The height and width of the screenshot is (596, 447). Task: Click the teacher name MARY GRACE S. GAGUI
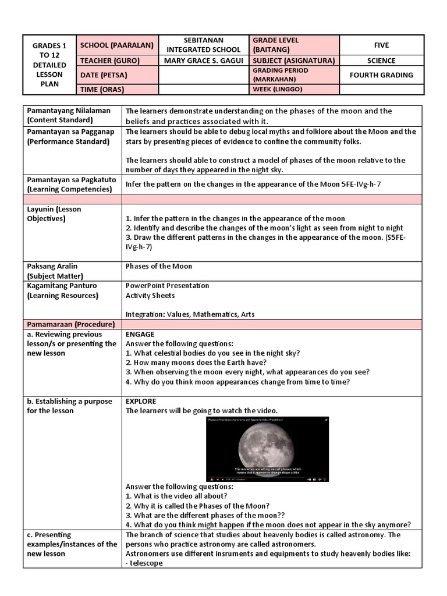(203, 61)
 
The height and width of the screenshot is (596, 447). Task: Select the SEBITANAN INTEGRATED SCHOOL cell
(203, 45)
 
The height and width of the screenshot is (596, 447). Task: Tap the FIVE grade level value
(381, 45)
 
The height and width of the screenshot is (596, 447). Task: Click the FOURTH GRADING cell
(381, 75)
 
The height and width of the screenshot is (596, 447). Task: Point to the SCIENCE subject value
(381, 61)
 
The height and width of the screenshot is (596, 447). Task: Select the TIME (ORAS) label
(102, 90)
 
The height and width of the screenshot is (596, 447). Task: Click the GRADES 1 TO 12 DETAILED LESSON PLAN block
(49, 65)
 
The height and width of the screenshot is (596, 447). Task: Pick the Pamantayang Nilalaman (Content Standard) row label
(64, 115)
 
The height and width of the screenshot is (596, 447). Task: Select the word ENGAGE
(140, 334)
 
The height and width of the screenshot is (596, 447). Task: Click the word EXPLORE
(141, 402)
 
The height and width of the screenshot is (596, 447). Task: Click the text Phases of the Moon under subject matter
(158, 266)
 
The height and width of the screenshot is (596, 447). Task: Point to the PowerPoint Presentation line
(167, 286)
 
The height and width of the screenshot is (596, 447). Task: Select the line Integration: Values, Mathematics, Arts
(190, 314)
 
